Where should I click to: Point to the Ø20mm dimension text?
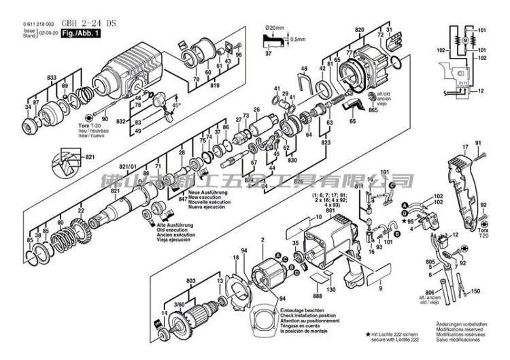[x=273, y=29]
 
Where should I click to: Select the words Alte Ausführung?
[x=172, y=225]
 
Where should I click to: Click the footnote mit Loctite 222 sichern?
[x=396, y=335]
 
